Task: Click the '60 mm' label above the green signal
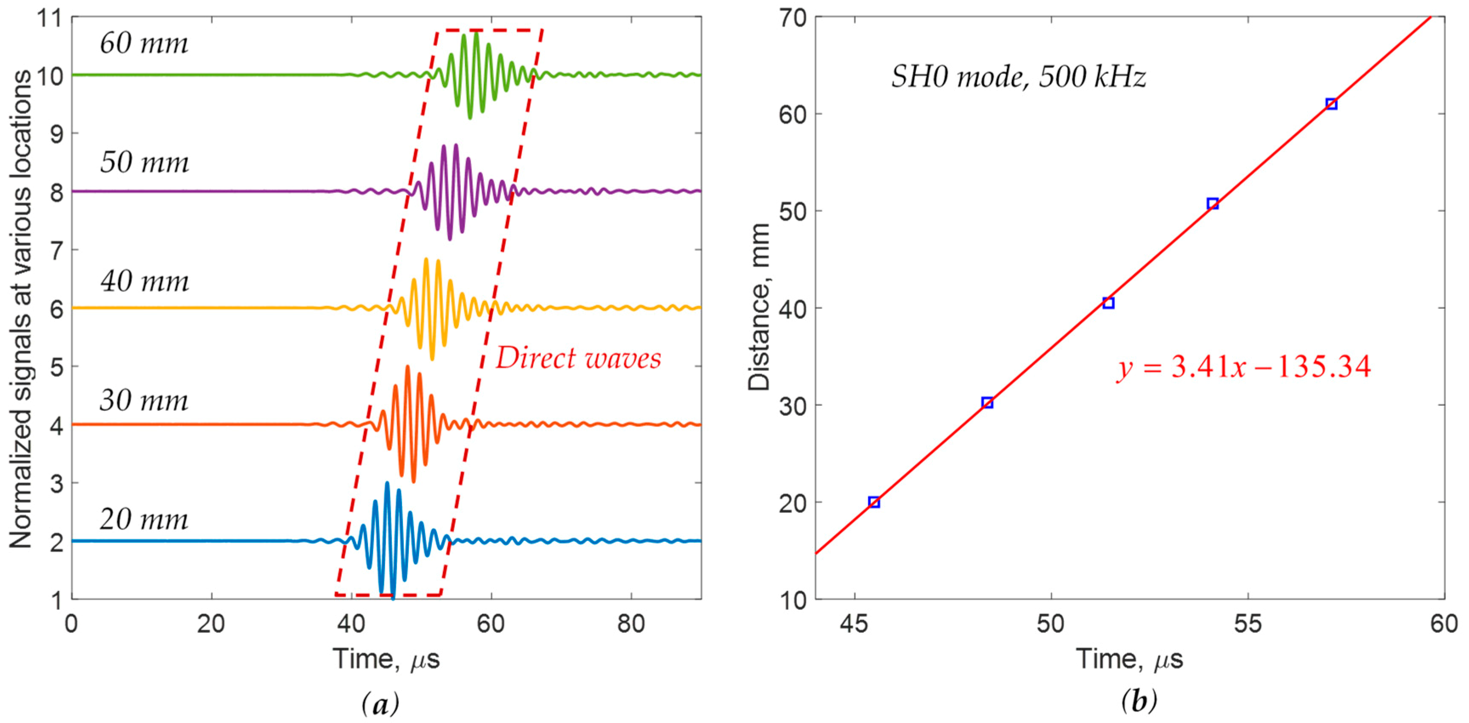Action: point(144,43)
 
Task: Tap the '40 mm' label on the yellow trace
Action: point(144,281)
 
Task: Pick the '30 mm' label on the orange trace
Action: point(144,401)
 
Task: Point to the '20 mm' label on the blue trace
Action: point(144,519)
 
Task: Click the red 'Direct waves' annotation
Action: point(578,359)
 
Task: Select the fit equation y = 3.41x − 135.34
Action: point(1243,367)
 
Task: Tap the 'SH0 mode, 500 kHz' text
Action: point(1018,77)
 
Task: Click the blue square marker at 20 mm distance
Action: point(874,502)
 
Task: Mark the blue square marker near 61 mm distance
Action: point(1331,104)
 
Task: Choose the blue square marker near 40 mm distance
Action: point(1108,303)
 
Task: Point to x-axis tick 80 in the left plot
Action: point(631,624)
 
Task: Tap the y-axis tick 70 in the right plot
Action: point(793,18)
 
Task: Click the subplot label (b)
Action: point(1139,701)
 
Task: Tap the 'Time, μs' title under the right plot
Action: point(1130,660)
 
